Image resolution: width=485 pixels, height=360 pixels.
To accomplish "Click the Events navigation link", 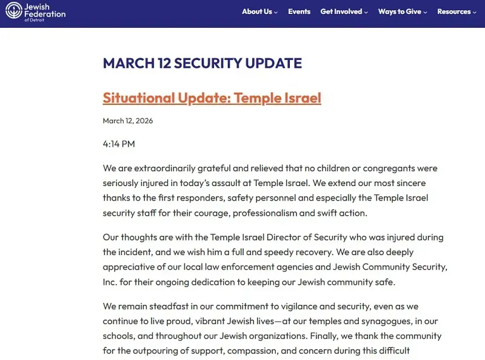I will [x=299, y=12].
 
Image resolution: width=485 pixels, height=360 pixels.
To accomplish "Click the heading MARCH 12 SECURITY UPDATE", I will [x=202, y=64].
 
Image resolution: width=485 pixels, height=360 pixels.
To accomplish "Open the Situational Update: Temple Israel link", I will [x=212, y=98].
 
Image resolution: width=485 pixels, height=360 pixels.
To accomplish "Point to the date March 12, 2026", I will [x=127, y=121].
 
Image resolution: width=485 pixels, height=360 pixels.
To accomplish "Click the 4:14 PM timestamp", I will [x=119, y=144].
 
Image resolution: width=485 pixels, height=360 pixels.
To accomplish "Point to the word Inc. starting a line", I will [x=111, y=282].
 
